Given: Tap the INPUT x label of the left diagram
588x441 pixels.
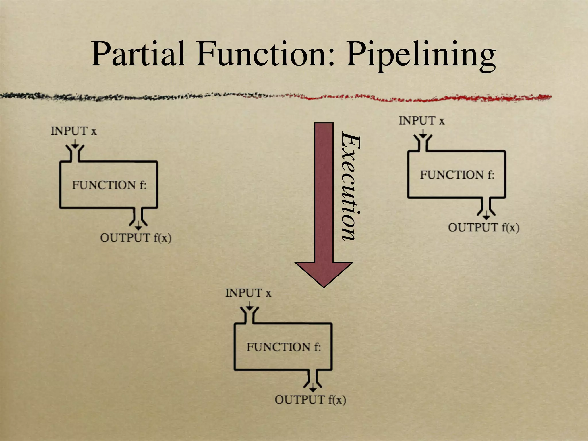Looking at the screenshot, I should (x=74, y=131).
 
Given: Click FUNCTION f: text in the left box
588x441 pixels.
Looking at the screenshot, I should (x=109, y=185).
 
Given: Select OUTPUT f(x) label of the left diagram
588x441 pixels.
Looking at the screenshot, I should (x=136, y=238).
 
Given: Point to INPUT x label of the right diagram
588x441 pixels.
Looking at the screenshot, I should (x=421, y=121).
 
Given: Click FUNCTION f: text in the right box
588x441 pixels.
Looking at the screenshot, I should (x=457, y=175).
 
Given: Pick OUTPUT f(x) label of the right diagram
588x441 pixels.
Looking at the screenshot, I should (x=484, y=228).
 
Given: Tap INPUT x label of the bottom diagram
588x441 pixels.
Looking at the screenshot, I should (x=248, y=293).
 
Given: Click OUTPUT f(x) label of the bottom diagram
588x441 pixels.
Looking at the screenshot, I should (x=310, y=400).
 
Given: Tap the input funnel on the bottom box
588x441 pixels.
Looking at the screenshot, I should (x=249, y=315).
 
